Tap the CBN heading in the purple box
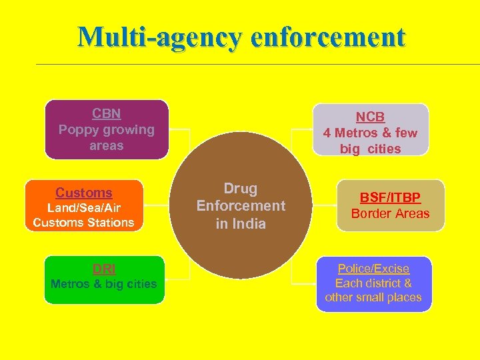click(107, 113)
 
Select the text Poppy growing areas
click(107, 137)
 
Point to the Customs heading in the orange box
click(84, 193)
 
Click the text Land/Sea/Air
click(84, 208)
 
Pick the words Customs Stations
click(84, 222)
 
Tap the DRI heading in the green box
click(104, 269)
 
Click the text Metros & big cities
click(104, 284)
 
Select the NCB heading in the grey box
click(370, 117)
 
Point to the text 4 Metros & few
click(370, 133)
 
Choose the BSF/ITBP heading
click(391, 198)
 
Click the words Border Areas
click(391, 213)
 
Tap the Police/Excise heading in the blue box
click(373, 268)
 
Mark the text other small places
click(373, 297)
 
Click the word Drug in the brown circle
click(241, 189)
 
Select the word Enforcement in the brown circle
click(241, 206)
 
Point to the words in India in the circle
click(241, 223)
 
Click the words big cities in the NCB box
click(371, 149)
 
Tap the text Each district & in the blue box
click(373, 283)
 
